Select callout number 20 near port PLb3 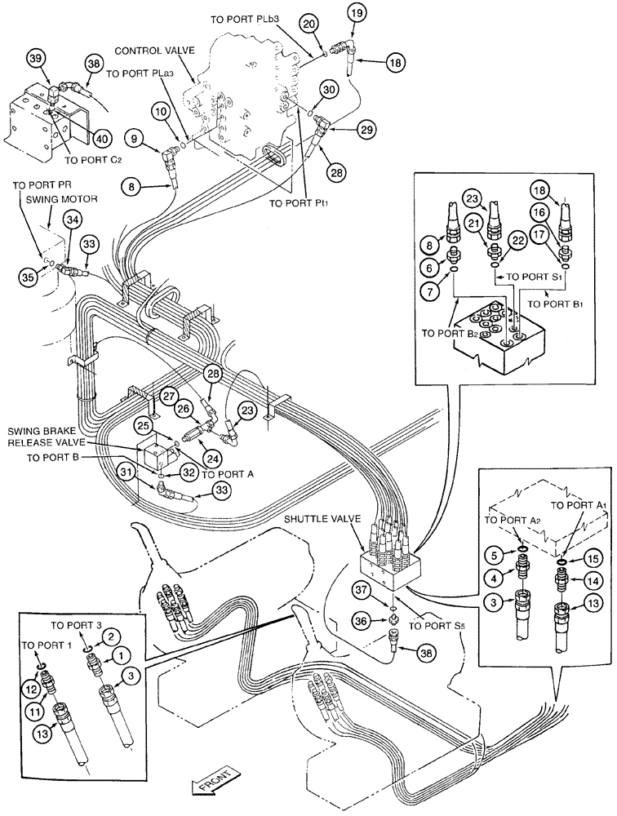click(307, 25)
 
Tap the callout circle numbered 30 click(327, 90)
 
